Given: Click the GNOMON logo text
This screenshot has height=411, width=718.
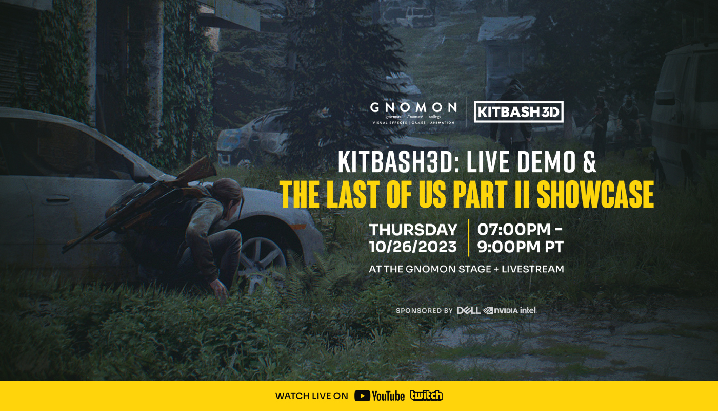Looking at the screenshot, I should pos(413,108).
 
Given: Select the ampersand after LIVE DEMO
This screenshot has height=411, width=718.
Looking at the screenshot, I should pos(589,162).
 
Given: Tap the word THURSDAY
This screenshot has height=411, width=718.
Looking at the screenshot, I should pos(413,229).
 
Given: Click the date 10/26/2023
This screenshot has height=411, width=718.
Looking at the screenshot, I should pos(413,247).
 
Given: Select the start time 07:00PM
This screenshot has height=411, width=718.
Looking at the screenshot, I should pos(517,229).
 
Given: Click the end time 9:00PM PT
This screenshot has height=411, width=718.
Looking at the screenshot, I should pos(520,247).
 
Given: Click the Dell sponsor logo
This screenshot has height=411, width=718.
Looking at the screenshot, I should pos(468,310).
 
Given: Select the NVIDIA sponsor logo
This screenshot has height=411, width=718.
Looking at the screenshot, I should pos(500,310).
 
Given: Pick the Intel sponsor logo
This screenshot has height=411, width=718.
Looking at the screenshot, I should pos(528,310).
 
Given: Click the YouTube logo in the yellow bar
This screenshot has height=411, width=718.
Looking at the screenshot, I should pos(380,396).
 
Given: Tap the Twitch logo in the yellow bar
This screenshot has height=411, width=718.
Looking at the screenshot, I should pos(426,396).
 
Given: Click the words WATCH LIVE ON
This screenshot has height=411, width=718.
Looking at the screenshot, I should pos(312,396).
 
